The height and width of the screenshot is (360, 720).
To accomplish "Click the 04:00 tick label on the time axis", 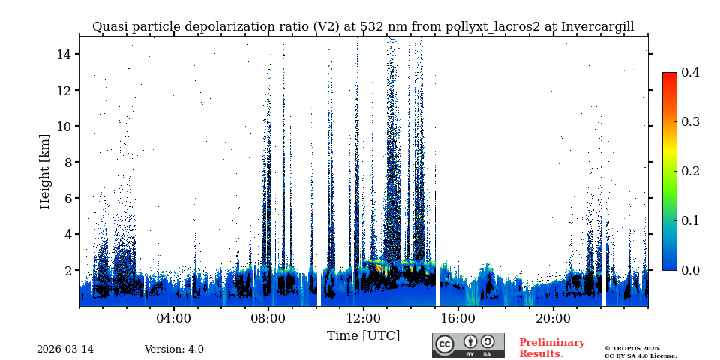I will [x=173, y=318].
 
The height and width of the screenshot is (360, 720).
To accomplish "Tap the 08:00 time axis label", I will [x=268, y=318].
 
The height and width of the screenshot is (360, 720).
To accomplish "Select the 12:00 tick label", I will [x=363, y=318].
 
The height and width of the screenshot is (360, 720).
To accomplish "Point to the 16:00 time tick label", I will [x=457, y=318].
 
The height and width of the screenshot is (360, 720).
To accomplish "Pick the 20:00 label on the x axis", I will [x=553, y=318].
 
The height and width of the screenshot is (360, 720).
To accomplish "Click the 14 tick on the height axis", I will [x=63, y=54].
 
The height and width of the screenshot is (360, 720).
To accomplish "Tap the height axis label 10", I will [x=63, y=126].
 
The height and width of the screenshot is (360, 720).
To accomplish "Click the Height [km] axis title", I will [x=45, y=171].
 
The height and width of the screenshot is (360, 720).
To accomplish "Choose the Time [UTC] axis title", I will [x=363, y=335].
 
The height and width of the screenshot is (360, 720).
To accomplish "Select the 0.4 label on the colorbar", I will [x=690, y=72].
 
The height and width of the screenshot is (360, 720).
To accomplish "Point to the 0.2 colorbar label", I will [x=690, y=171].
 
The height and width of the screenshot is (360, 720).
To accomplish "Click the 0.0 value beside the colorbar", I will [x=690, y=270].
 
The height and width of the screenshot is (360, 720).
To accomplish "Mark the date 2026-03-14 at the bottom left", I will [x=65, y=349].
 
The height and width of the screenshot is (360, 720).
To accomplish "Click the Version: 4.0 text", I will [x=174, y=349].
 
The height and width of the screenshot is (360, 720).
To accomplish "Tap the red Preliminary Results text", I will [x=551, y=348].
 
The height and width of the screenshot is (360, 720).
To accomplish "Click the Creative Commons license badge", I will [x=468, y=345].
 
